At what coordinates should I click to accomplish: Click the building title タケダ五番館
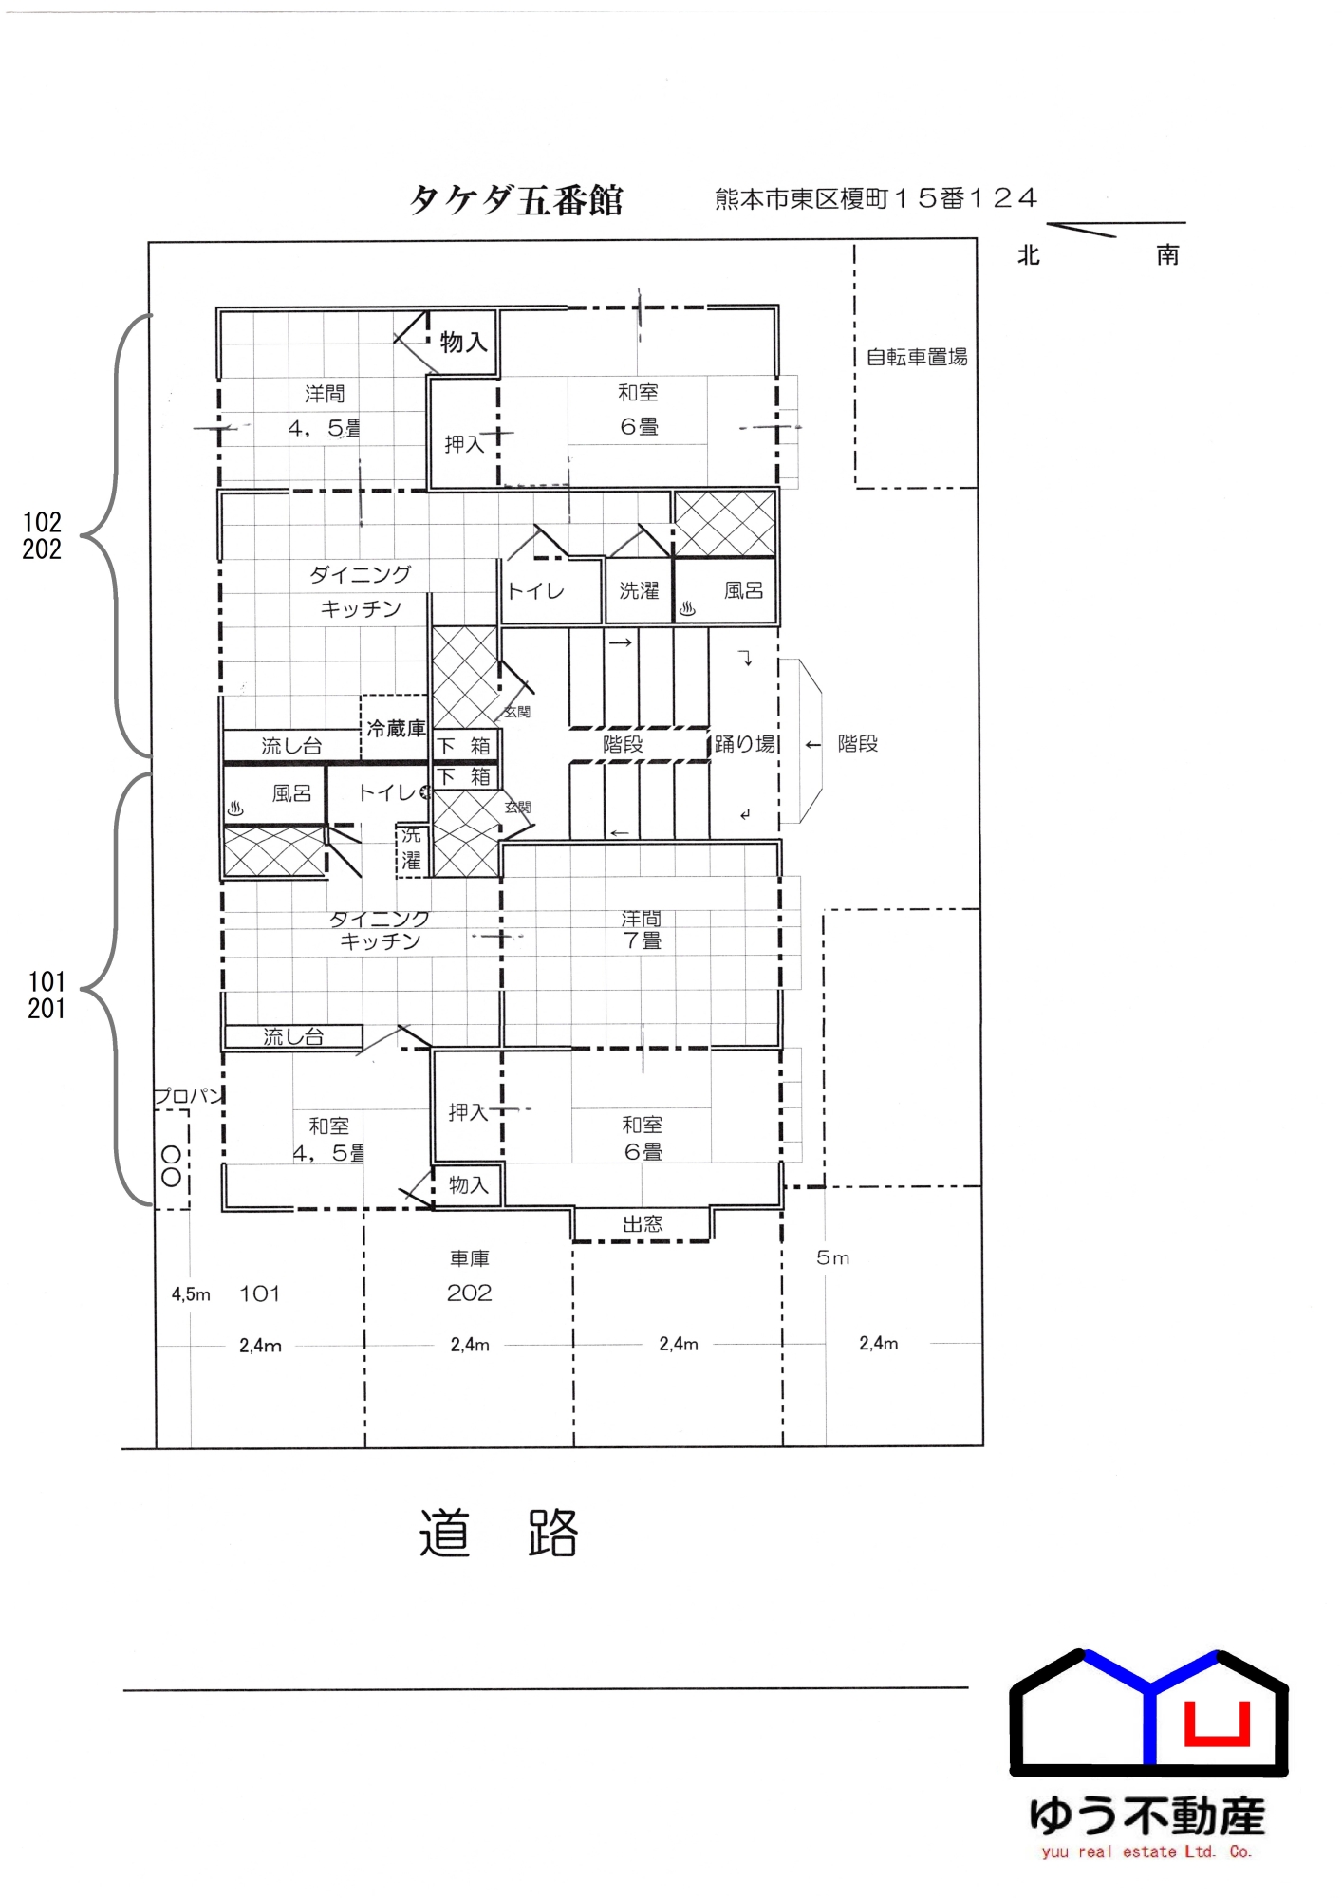pyautogui.click(x=515, y=200)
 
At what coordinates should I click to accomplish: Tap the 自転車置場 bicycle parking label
pyautogui.click(x=916, y=357)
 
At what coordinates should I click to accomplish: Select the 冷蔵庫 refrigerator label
pyautogui.click(x=396, y=728)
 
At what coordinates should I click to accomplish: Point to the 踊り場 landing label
pyautogui.click(x=745, y=744)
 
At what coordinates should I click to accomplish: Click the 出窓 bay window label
pyautogui.click(x=643, y=1224)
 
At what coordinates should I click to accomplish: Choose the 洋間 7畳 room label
pyautogui.click(x=642, y=930)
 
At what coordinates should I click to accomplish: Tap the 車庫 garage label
pyautogui.click(x=470, y=1258)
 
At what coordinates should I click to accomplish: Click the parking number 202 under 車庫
pyautogui.click(x=470, y=1293)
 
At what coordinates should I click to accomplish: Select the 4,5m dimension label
pyautogui.click(x=191, y=1294)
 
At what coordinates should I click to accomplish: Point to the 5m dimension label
pyautogui.click(x=832, y=1258)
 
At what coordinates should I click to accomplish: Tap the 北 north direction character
pyautogui.click(x=1029, y=255)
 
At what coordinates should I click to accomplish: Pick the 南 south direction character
pyautogui.click(x=1167, y=255)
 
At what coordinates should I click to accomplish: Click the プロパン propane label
pyautogui.click(x=188, y=1096)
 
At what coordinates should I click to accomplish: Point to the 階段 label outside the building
pyautogui.click(x=858, y=744)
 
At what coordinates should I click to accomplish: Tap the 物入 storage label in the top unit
pyautogui.click(x=463, y=342)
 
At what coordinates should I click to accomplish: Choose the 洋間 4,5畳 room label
pyautogui.click(x=325, y=411)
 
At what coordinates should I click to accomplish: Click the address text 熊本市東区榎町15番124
pyautogui.click(x=876, y=198)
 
